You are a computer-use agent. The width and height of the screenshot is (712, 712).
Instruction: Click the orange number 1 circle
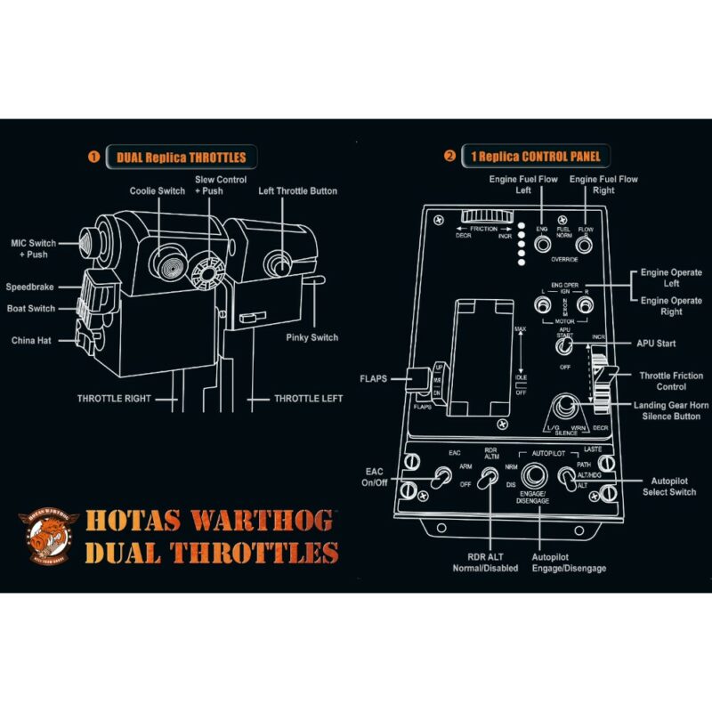coord(93,158)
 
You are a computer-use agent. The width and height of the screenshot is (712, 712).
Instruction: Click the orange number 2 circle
coord(450,157)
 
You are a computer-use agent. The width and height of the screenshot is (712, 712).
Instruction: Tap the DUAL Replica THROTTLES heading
coord(182,158)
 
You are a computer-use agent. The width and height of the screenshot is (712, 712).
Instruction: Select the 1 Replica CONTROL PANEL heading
coord(535,157)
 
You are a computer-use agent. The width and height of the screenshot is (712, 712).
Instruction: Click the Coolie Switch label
coord(158,190)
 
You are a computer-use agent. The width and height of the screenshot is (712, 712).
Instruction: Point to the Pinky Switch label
coord(311,337)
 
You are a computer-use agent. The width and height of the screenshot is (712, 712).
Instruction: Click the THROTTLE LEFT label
coord(308,398)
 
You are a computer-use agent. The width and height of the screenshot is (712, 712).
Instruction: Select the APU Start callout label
coord(656,343)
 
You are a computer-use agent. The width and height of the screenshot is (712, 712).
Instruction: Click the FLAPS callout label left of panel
coord(374,378)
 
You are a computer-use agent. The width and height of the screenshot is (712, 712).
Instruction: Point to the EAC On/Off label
coord(374,476)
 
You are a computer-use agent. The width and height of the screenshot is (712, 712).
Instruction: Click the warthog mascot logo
coord(48,537)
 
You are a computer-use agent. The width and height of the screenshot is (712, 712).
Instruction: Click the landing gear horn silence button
coord(563,410)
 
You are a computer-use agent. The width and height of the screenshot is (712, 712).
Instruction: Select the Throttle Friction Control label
coord(670,382)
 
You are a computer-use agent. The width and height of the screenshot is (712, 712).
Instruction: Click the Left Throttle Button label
coord(298,190)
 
